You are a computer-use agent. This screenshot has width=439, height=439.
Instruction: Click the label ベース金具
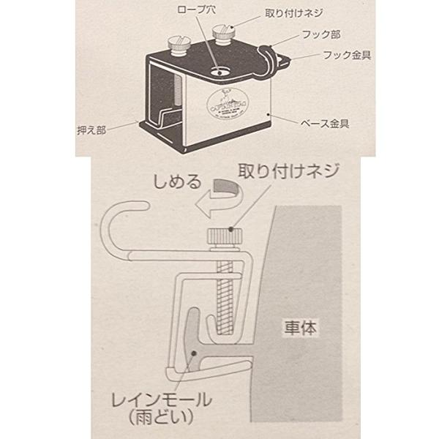point(326,124)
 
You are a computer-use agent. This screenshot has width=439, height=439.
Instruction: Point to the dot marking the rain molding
point(192,352)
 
